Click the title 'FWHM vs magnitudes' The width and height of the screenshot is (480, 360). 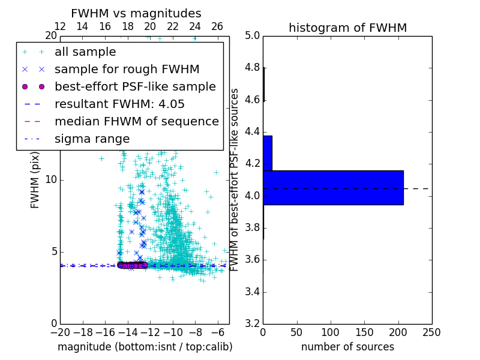tap(136, 14)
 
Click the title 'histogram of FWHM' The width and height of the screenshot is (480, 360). tap(347, 28)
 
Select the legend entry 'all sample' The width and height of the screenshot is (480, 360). tap(85, 52)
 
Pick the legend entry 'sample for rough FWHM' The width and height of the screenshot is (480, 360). tap(127, 69)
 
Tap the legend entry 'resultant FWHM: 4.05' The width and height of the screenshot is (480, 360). tap(119, 104)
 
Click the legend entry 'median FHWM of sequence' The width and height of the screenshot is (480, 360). tap(136, 121)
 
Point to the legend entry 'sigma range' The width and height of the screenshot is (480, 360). tap(92, 139)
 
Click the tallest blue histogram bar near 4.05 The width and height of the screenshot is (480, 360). tap(333, 188)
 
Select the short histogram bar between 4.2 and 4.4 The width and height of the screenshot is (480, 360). tap(268, 153)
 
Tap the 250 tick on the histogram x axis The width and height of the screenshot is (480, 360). tap(431, 332)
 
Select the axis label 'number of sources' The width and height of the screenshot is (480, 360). tap(347, 347)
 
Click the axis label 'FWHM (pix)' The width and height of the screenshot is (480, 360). tap(35, 181)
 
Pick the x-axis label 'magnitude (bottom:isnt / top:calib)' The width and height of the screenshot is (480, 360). tap(145, 347)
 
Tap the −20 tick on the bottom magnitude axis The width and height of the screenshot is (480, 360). tap(60, 332)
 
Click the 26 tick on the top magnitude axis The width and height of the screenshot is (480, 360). tap(217, 26)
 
